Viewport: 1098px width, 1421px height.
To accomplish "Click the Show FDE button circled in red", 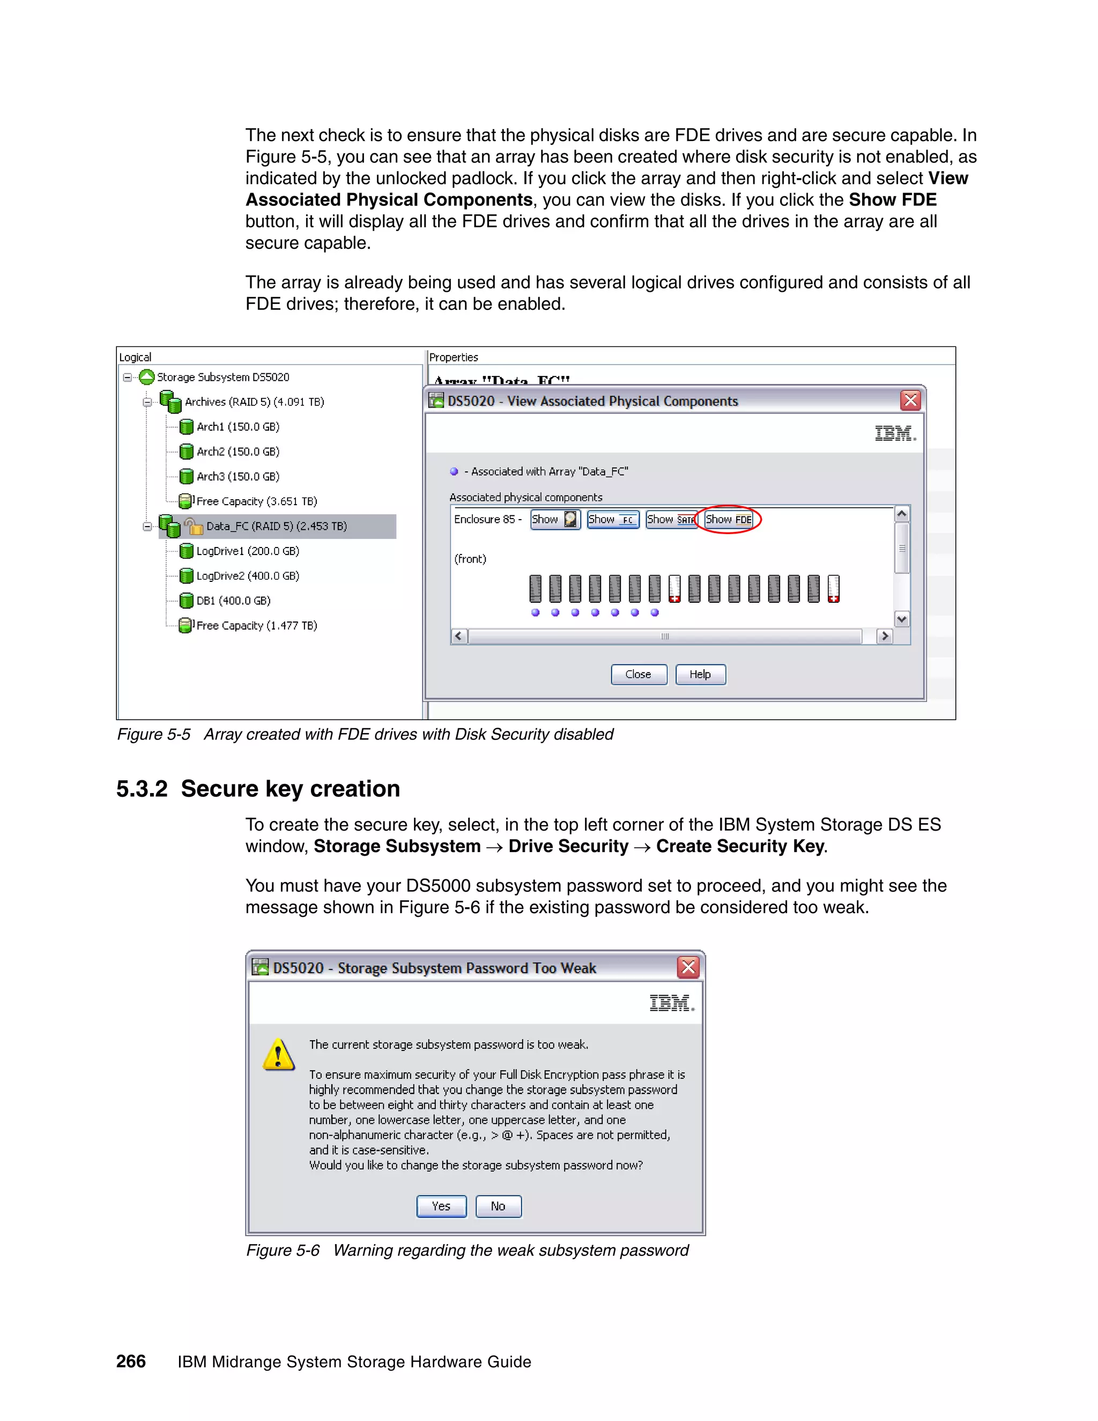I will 729,519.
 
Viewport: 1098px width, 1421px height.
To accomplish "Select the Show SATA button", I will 671,519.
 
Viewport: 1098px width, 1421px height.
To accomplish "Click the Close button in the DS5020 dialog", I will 638,674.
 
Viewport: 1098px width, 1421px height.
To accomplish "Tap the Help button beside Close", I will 700,674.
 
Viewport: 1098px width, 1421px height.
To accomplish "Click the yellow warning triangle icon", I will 278,1054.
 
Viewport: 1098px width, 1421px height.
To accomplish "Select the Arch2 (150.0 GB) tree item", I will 238,452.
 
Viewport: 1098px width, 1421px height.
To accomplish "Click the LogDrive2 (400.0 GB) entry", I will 247,576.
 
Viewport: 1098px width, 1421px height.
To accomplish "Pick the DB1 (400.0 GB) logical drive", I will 233,601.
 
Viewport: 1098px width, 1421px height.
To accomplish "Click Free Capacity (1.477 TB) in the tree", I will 256,625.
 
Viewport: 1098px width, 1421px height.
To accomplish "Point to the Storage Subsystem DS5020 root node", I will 222,378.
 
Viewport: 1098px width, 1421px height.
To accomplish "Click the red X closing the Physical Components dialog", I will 910,400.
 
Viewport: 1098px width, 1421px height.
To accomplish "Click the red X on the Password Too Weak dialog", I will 687,967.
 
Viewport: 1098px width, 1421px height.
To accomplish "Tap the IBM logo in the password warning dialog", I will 671,1003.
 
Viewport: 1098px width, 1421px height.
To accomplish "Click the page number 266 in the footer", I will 131,1361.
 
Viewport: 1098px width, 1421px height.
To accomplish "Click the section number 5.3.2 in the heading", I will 142,789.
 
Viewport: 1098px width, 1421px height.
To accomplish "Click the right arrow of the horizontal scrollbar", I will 884,635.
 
